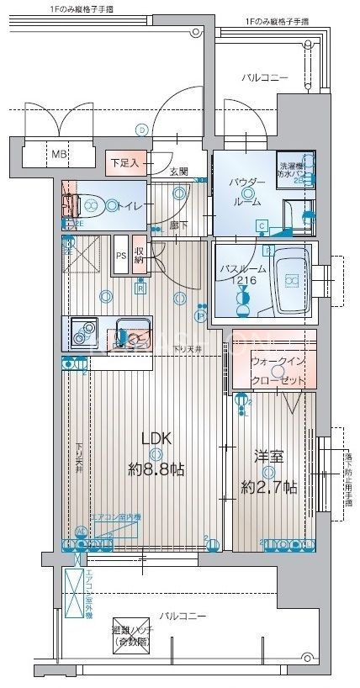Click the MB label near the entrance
pyautogui.click(x=58, y=154)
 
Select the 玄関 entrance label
pyautogui.click(x=178, y=172)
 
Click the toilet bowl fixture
pyautogui.click(x=87, y=204)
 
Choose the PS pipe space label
pyautogui.click(x=121, y=256)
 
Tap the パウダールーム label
pyautogui.click(x=247, y=190)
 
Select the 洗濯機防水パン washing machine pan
pyautogui.click(x=296, y=171)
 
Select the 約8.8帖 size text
pyautogui.click(x=156, y=468)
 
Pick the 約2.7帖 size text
pyautogui.click(x=267, y=487)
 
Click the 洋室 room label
pyautogui.click(x=268, y=457)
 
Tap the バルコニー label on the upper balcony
pyautogui.click(x=265, y=77)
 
